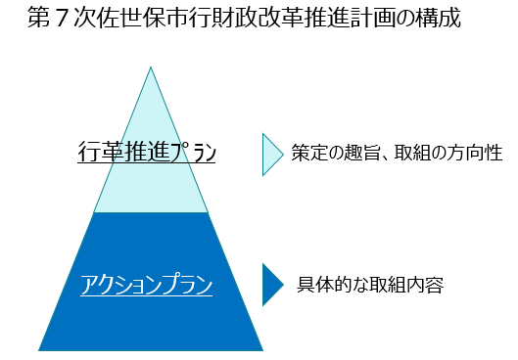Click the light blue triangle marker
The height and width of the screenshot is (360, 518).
click(271, 154)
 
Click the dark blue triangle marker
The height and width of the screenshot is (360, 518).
click(271, 286)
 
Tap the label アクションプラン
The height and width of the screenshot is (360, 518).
click(146, 287)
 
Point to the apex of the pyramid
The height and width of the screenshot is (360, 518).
click(151, 67)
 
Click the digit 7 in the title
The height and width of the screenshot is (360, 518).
click(59, 19)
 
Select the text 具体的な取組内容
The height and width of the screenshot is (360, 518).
click(371, 286)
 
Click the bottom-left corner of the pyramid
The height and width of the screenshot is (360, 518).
click(40, 348)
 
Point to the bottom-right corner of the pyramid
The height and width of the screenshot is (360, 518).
click(262, 348)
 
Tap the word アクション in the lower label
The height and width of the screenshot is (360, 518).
click(121, 287)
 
